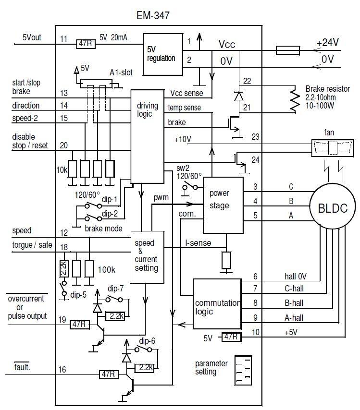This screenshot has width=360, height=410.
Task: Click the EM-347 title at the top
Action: click(153, 16)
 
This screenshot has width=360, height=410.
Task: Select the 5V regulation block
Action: click(161, 54)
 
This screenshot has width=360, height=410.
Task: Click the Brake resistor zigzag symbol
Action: click(294, 100)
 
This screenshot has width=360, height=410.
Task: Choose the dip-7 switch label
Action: click(116, 289)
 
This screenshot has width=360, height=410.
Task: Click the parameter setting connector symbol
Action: click(244, 369)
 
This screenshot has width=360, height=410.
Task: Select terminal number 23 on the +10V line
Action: click(255, 137)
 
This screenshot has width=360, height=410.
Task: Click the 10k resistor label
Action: click(61, 170)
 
